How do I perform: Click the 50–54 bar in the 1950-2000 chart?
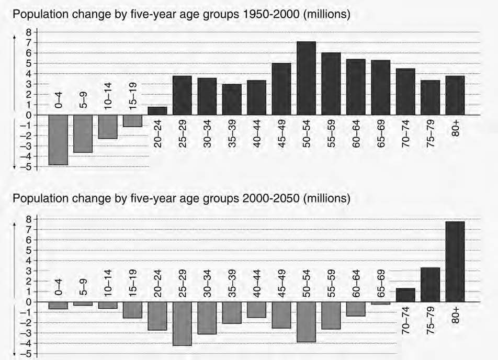[x=306, y=78]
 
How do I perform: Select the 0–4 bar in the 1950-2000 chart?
[x=58, y=140]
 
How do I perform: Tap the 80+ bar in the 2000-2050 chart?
[x=455, y=262]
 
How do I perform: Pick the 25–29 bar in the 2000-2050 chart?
[x=182, y=323]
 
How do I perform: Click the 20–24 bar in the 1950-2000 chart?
[x=157, y=111]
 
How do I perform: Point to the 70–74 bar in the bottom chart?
[x=405, y=295]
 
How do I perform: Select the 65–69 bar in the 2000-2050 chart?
[x=381, y=303]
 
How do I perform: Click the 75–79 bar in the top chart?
[x=430, y=98]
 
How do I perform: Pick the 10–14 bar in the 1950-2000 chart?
[x=108, y=127]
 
